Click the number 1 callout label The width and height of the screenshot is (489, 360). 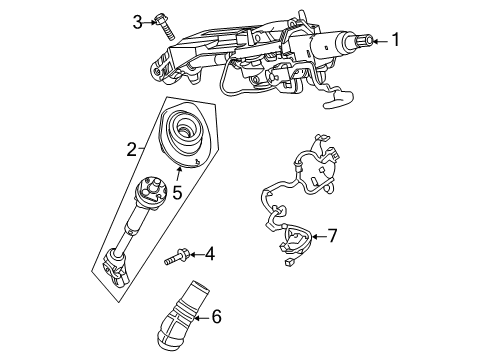pyautogui.click(x=395, y=40)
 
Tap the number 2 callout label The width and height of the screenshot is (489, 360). pyautogui.click(x=131, y=150)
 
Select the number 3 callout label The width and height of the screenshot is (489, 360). pyautogui.click(x=138, y=20)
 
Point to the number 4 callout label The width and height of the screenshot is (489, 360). pyautogui.click(x=210, y=256)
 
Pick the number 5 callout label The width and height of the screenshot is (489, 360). pyautogui.click(x=176, y=191)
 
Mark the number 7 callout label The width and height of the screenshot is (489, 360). pyautogui.click(x=332, y=237)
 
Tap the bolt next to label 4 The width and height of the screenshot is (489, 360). pyautogui.click(x=178, y=258)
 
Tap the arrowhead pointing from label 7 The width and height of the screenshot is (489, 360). pyautogui.click(x=313, y=237)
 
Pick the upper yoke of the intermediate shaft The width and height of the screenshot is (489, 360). pyautogui.click(x=154, y=193)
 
